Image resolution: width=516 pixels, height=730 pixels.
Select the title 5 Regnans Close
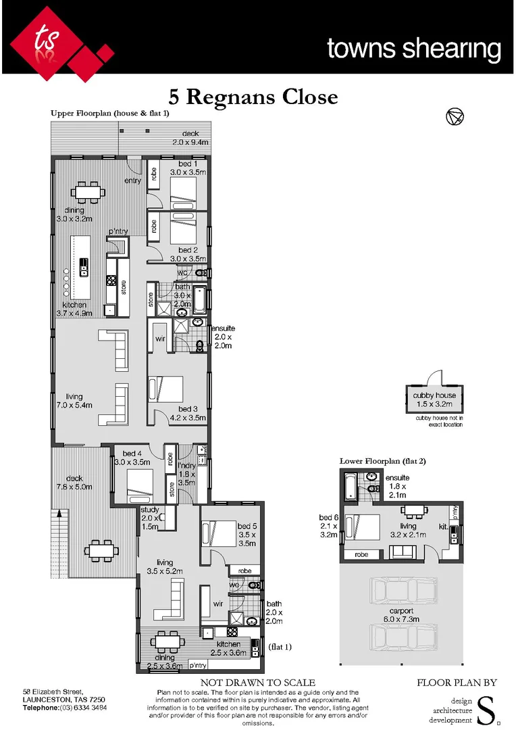(x=253, y=97)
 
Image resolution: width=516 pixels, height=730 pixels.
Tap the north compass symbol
(x=455, y=117)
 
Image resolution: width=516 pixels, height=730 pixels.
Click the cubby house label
(x=434, y=395)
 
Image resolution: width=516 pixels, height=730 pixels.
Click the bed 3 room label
(x=188, y=409)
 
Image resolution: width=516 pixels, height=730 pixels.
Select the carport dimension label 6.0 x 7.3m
(x=402, y=619)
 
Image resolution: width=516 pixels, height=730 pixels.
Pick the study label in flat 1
(x=149, y=510)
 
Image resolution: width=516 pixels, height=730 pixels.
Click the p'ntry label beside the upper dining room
(x=118, y=232)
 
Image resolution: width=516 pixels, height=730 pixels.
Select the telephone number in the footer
(x=65, y=708)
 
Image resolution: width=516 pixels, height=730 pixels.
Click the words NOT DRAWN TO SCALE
(x=258, y=683)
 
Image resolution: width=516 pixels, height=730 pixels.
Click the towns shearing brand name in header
(x=413, y=49)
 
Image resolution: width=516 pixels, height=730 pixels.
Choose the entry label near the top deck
(x=133, y=180)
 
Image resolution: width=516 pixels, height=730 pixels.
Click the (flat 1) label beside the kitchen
(x=281, y=646)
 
